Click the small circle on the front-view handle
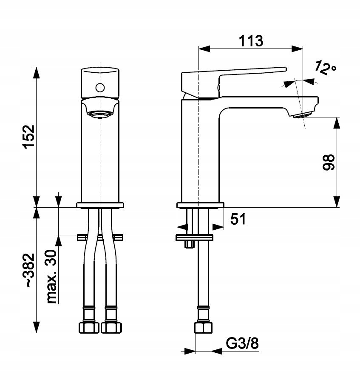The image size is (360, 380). tap(100, 88)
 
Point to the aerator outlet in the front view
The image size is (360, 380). tap(100, 113)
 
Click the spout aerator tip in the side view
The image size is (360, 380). tap(303, 115)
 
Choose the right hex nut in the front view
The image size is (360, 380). tap(111, 327)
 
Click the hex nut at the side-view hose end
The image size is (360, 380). tap(203, 328)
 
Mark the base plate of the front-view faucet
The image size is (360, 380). tap(100, 205)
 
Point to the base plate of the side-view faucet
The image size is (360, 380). tap(200, 205)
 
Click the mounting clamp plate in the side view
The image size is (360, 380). tap(194, 237)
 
